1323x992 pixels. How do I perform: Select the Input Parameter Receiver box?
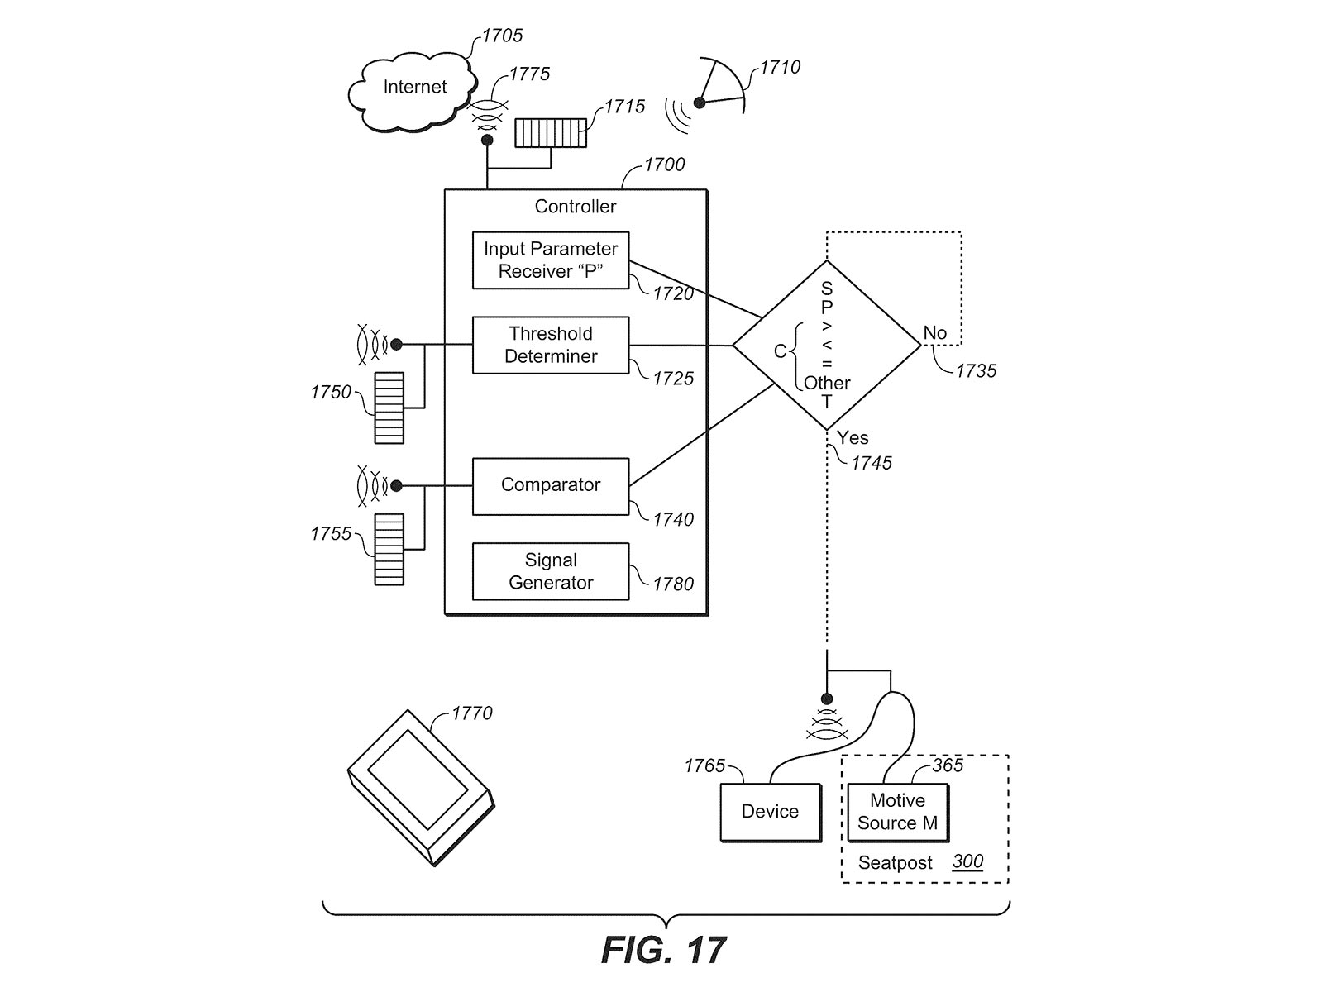click(x=551, y=260)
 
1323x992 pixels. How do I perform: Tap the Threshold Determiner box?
click(x=551, y=345)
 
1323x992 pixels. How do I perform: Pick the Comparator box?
click(x=551, y=486)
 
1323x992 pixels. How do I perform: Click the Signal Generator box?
click(x=551, y=571)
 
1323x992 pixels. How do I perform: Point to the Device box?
click(x=770, y=812)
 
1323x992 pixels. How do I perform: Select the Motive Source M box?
click(x=897, y=812)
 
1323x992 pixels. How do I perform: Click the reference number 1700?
click(x=664, y=165)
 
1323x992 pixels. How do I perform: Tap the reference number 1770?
click(x=471, y=713)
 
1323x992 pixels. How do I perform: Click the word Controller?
click(x=576, y=207)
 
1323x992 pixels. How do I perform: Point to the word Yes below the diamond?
click(x=853, y=438)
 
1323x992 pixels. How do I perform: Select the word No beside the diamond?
click(x=934, y=333)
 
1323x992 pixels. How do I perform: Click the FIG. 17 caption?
click(x=664, y=951)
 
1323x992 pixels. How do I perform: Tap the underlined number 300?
click(x=967, y=861)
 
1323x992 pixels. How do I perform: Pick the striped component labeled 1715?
click(x=551, y=133)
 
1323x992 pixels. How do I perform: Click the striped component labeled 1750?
click(x=389, y=408)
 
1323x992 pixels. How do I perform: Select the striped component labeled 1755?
click(x=389, y=550)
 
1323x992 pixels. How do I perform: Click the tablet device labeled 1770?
click(x=420, y=786)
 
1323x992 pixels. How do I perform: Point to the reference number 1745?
click(x=872, y=463)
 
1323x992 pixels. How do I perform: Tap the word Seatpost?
click(x=895, y=863)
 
